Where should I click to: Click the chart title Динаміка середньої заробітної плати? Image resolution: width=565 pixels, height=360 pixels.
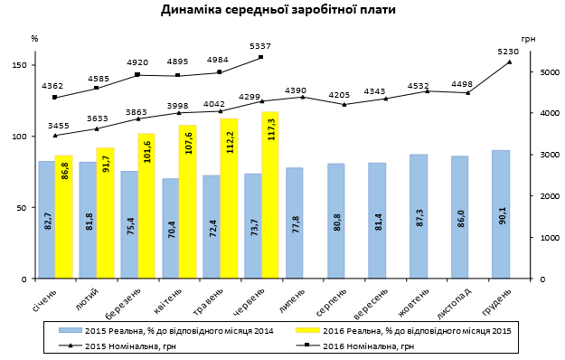(x=278, y=11)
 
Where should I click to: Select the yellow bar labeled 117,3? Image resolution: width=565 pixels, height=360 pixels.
(x=269, y=194)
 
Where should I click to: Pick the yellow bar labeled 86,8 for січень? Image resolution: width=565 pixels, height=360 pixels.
(x=63, y=217)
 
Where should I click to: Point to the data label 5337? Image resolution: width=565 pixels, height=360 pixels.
(x=260, y=45)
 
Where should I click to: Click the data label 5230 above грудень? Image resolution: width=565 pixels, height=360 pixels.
(x=508, y=51)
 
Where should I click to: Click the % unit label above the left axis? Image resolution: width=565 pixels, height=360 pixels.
(x=34, y=39)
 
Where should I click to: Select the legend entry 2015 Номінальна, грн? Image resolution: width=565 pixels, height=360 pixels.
(x=136, y=346)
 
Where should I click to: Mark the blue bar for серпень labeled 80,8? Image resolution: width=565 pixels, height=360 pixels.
(x=335, y=221)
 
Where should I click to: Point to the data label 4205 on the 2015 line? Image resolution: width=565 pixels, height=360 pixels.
(x=339, y=94)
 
